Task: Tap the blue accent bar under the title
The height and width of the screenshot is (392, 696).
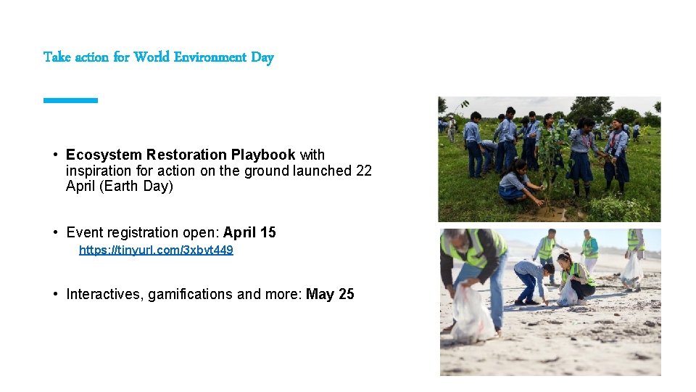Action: (x=70, y=100)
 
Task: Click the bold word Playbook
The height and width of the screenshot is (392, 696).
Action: (x=263, y=155)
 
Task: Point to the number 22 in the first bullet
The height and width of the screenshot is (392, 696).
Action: (x=364, y=171)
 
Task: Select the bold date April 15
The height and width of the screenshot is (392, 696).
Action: (x=249, y=232)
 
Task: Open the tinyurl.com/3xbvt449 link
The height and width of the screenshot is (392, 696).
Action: (x=156, y=250)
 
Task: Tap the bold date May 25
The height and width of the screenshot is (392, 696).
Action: (x=330, y=294)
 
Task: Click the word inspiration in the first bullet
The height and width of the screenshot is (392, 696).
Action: (x=98, y=171)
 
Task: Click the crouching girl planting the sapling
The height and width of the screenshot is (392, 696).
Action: (x=516, y=186)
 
